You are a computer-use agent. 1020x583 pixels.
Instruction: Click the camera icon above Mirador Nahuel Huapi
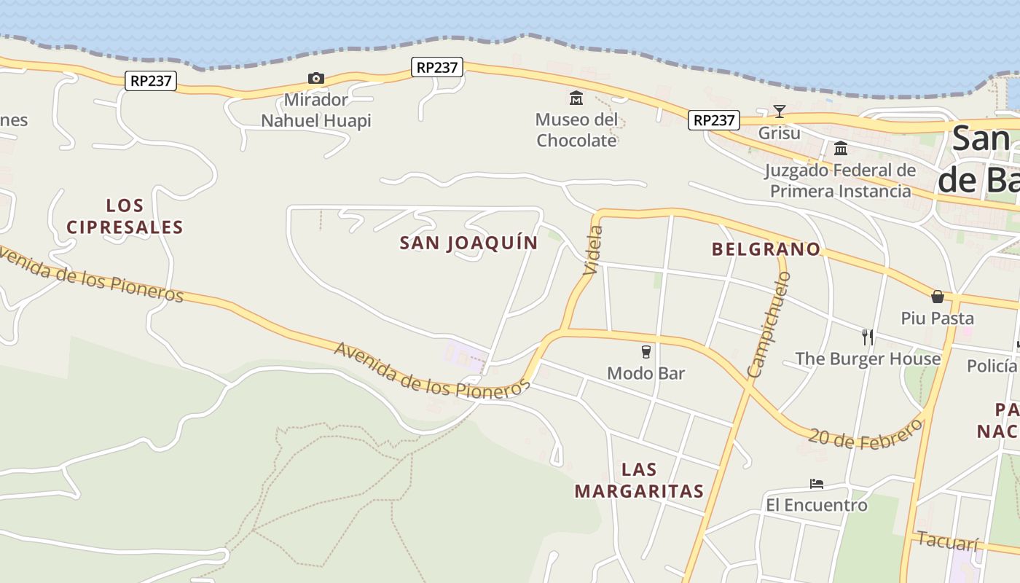[x=315, y=78]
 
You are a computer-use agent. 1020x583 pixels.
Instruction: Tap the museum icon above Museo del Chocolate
[x=576, y=98]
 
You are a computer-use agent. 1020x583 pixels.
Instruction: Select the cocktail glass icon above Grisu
[x=780, y=111]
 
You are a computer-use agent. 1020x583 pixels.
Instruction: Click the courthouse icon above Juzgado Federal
[x=841, y=148]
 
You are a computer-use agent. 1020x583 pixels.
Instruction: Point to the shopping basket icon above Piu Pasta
[x=938, y=297]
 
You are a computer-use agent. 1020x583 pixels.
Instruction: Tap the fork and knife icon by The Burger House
[x=867, y=337]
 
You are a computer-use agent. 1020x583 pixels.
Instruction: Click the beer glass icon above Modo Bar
[x=646, y=352]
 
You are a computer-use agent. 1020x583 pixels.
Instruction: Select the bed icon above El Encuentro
[x=817, y=484]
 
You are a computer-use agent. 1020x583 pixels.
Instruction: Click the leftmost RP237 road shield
[x=151, y=81]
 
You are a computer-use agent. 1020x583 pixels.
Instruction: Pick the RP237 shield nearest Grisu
[x=714, y=120]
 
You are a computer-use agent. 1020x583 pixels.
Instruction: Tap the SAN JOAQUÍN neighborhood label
[x=468, y=243]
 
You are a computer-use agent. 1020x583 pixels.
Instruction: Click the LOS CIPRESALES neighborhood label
[x=125, y=216]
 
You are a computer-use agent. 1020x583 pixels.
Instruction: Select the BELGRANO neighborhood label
[x=766, y=249]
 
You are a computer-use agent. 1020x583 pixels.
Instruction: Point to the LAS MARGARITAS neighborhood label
[x=639, y=480]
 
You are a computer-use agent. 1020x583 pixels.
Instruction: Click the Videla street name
[x=593, y=250]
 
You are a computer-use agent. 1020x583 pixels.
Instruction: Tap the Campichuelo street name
[x=769, y=324]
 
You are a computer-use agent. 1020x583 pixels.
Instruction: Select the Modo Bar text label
[x=646, y=373]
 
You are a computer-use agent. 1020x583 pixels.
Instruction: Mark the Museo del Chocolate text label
[x=576, y=130]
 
